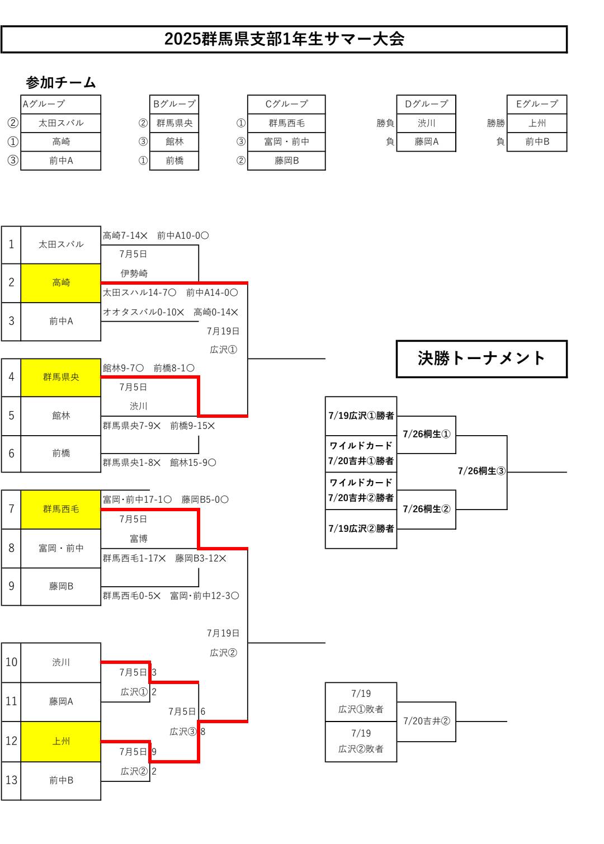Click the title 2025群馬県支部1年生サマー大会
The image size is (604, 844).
(x=284, y=39)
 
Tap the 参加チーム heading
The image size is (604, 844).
(x=61, y=83)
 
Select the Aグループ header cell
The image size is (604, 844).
(x=60, y=104)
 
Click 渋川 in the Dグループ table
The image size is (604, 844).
(x=426, y=123)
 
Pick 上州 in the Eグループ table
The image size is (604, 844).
(x=537, y=123)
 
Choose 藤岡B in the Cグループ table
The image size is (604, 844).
(x=286, y=161)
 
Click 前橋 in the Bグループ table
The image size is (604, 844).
(x=174, y=161)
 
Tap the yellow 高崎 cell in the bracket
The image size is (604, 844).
(x=61, y=283)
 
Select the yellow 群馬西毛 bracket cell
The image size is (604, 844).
(x=61, y=509)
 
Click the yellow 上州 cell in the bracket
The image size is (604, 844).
(x=61, y=741)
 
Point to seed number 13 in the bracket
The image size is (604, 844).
(x=11, y=780)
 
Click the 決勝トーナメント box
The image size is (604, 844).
(x=482, y=359)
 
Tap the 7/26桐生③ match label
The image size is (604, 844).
(x=482, y=471)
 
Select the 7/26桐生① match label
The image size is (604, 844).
(x=426, y=434)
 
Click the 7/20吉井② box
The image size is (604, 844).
(x=426, y=722)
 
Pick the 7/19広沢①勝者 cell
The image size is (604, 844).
(x=361, y=416)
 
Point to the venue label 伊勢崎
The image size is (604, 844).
(x=134, y=274)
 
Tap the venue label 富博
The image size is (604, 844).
(x=139, y=539)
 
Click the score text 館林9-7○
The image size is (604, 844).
(x=123, y=368)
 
